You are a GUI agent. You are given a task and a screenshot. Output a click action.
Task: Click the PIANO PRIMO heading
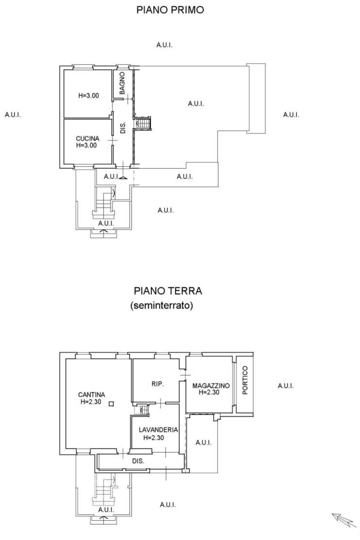pyautogui.click(x=170, y=10)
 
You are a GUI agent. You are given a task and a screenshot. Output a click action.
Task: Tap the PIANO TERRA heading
pyautogui.click(x=168, y=291)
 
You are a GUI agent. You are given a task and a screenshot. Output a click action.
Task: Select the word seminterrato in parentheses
pyautogui.click(x=162, y=306)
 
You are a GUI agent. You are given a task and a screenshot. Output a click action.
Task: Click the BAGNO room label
pyautogui.click(x=122, y=83)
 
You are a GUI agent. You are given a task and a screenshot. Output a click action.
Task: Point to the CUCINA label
pyautogui.click(x=88, y=139)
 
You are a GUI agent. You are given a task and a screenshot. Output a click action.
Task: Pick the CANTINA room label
pyautogui.click(x=91, y=395)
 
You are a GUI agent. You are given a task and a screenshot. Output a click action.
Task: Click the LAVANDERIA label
pyautogui.click(x=159, y=430)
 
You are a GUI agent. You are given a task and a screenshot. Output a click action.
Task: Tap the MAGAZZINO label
pyautogui.click(x=211, y=386)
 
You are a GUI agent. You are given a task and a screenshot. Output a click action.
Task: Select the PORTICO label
pyautogui.click(x=245, y=380)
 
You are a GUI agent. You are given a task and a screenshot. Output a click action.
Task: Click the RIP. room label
pyautogui.click(x=157, y=384)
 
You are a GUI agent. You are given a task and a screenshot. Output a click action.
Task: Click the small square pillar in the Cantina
pyautogui.click(x=111, y=404)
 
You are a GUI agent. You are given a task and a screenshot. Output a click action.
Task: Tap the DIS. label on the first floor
pyautogui.click(x=123, y=128)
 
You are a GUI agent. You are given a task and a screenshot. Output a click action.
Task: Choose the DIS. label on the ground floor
pyautogui.click(x=138, y=461)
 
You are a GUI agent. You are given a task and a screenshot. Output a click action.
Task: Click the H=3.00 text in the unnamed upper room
pyautogui.click(x=89, y=96)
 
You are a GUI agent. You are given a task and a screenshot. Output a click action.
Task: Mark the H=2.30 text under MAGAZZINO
pyautogui.click(x=209, y=392)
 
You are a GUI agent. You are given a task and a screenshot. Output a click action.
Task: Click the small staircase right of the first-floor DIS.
pyautogui.click(x=143, y=124)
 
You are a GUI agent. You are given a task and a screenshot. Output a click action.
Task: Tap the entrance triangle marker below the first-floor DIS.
pyautogui.click(x=123, y=178)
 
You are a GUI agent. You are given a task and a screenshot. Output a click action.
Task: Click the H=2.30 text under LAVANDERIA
pyautogui.click(x=154, y=438)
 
